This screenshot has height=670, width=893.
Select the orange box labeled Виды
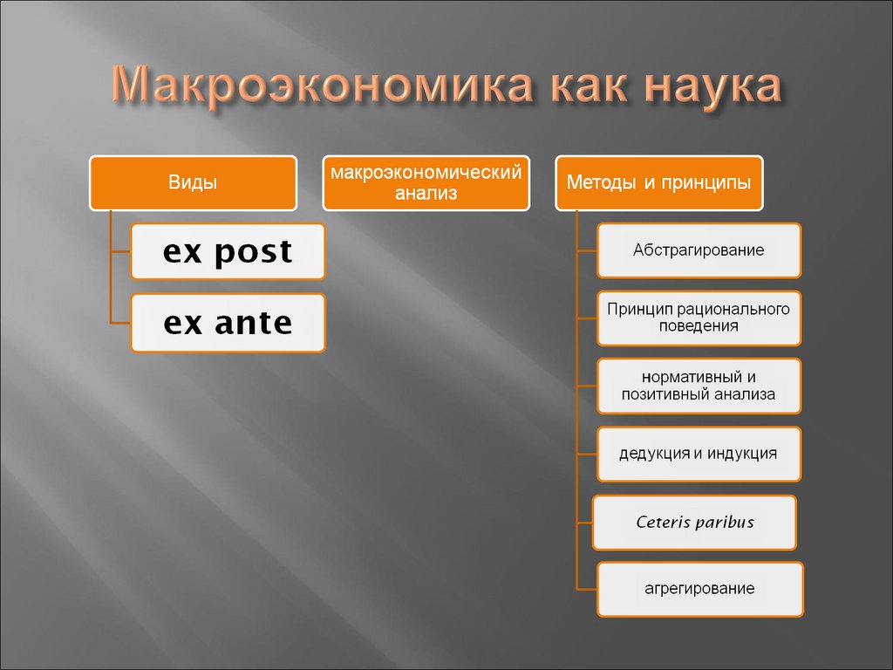193,183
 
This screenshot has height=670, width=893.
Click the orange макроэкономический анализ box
426,183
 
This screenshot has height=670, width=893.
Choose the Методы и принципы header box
659,183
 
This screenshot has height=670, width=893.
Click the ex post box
228,251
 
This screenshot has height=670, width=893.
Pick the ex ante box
228,323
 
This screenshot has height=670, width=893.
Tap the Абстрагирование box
699,250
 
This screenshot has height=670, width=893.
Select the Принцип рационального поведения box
699,318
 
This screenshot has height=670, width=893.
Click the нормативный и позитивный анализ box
699,386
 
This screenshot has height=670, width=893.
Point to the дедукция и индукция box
699,454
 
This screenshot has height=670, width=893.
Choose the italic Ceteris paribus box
694,523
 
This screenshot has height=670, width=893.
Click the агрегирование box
699,589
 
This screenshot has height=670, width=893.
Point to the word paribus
724,523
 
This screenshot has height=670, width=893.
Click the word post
254,251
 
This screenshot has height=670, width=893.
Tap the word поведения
699,326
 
